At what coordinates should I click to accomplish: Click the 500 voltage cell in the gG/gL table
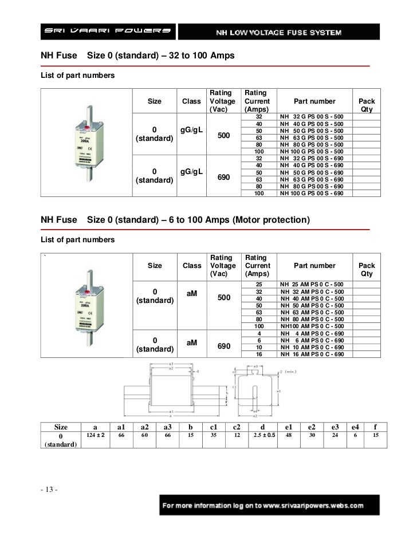[x=224, y=135]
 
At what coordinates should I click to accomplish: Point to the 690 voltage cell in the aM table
[x=224, y=347]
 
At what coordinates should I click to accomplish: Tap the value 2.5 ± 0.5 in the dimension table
[x=263, y=436]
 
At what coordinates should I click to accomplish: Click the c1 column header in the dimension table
[x=213, y=427]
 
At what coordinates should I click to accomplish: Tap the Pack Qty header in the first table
[x=366, y=105]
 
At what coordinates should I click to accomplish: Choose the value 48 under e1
[x=288, y=436]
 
